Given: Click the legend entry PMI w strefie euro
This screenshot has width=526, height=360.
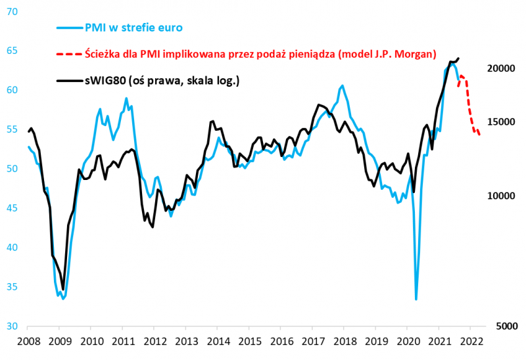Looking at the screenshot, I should pos(133,27).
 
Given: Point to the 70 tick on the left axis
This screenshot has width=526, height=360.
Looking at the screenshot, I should pos(12,11).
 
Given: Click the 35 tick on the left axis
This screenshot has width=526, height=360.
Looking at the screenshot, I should pos(12,286).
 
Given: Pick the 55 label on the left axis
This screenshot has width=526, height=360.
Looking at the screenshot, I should pos(12,129).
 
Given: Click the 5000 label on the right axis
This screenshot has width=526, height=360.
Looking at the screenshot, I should pos(504,326).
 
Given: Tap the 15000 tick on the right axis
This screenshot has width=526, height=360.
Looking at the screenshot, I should pos(501,122).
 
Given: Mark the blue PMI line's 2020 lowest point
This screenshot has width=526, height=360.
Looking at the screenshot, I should pos(416,300).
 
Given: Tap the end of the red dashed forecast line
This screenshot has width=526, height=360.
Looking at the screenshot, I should pos(479,135).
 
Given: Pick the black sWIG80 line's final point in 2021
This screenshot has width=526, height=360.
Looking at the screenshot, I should pos(458,58).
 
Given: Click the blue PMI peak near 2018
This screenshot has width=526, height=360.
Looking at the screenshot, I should pos(342,86).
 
